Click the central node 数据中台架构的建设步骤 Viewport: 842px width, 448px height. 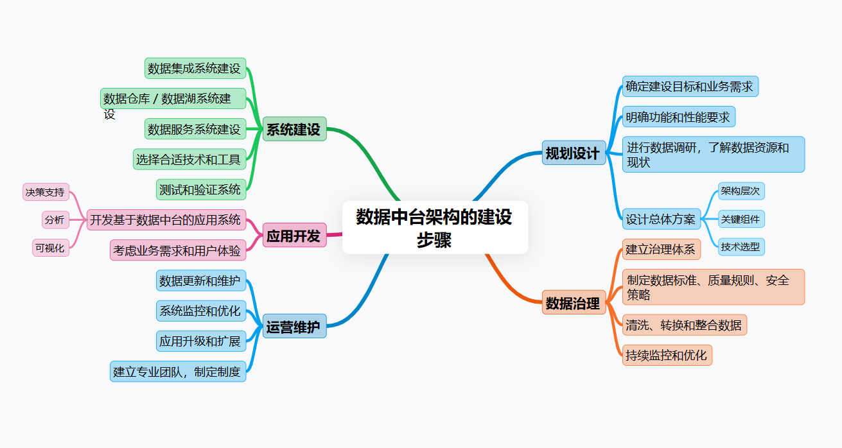[x=435, y=227]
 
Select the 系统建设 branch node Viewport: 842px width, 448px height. [x=294, y=129]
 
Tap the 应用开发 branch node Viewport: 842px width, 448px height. [x=294, y=236]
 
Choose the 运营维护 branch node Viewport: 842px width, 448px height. [x=294, y=327]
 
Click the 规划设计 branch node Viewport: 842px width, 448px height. [x=574, y=153]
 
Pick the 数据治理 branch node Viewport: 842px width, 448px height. [x=574, y=302]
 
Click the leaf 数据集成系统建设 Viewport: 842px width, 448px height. [x=195, y=68]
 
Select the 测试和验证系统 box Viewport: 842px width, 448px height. [x=200, y=189]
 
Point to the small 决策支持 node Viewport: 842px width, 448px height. [x=45, y=192]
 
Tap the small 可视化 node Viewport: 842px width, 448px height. [x=50, y=248]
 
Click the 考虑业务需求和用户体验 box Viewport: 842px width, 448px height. [x=177, y=250]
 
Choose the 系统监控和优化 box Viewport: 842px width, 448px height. [x=200, y=311]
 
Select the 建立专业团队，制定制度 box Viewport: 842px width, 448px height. [x=177, y=371]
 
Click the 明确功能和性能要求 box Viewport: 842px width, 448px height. [x=678, y=117]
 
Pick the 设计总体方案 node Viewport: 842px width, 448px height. [x=661, y=219]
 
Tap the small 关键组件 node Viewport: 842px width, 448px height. [x=741, y=219]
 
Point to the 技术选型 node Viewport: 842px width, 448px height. [x=741, y=246]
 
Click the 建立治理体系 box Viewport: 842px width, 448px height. [x=661, y=249]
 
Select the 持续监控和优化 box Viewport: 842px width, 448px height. [x=667, y=355]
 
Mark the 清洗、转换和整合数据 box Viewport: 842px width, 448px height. [x=684, y=325]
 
